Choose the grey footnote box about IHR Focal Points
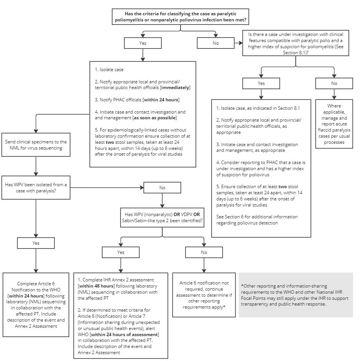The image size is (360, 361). click(295, 294)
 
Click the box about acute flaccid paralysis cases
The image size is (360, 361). click(334, 124)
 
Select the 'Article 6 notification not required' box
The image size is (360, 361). click(204, 294)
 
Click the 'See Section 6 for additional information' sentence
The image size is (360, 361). click(257, 220)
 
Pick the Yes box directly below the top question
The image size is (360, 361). click(142, 43)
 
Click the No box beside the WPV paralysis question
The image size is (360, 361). click(163, 188)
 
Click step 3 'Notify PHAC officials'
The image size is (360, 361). click(137, 100)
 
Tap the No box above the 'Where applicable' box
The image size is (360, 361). click(334, 83)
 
